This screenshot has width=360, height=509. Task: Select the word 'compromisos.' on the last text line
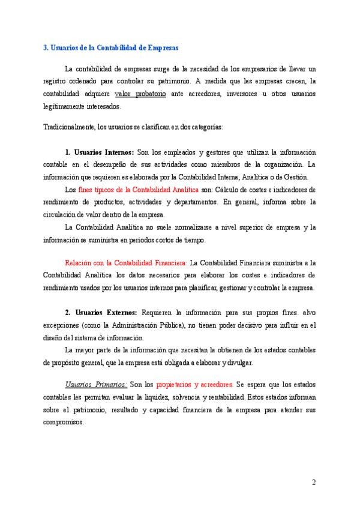(64, 422)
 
